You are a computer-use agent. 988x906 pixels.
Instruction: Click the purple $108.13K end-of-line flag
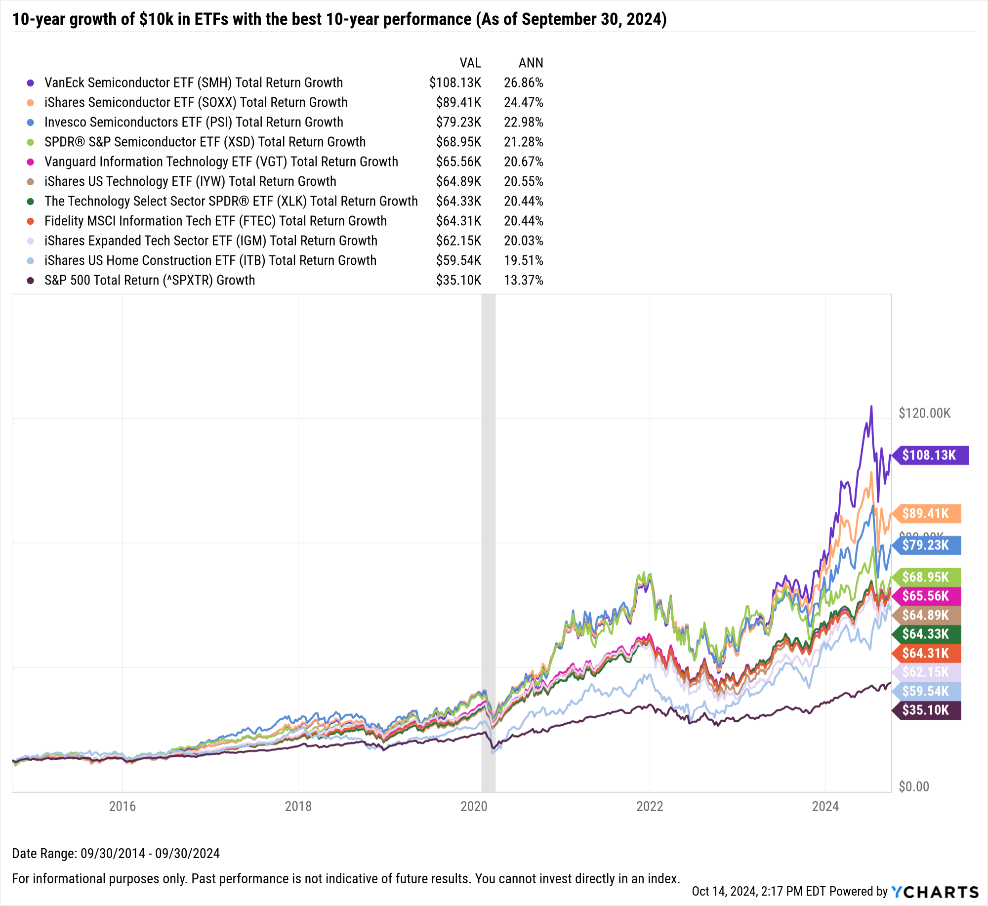pyautogui.click(x=929, y=455)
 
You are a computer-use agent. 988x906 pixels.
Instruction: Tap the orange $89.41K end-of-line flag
pyautogui.click(x=926, y=513)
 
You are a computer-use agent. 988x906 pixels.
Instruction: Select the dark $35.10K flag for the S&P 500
pyautogui.click(x=926, y=710)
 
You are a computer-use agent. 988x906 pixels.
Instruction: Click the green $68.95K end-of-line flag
pyautogui.click(x=926, y=577)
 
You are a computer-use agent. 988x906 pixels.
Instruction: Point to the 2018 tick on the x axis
pyautogui.click(x=298, y=806)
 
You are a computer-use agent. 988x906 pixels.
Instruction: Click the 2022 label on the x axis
pyautogui.click(x=650, y=806)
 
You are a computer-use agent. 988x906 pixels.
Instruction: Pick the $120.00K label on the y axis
pyautogui.click(x=924, y=413)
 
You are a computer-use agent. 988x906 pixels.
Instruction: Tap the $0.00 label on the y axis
pyautogui.click(x=913, y=786)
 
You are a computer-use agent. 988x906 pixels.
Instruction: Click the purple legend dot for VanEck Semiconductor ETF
pyautogui.click(x=31, y=83)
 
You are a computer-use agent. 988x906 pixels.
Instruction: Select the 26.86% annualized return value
pyautogui.click(x=523, y=82)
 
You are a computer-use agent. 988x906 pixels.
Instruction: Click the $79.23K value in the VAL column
pyautogui.click(x=458, y=122)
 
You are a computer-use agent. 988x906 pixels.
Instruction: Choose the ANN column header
pyautogui.click(x=531, y=63)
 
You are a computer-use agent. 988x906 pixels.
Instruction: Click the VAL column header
pyautogui.click(x=470, y=63)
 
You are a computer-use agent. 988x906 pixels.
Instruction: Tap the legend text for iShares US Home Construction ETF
pyautogui.click(x=210, y=260)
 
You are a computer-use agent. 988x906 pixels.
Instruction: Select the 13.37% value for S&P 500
pyautogui.click(x=523, y=280)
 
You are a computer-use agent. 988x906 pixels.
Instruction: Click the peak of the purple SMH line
pyautogui.click(x=871, y=407)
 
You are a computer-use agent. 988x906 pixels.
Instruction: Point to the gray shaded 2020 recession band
pyautogui.click(x=488, y=543)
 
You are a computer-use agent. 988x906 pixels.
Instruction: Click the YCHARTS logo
pyautogui.click(x=935, y=892)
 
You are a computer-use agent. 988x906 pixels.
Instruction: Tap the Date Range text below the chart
pyautogui.click(x=116, y=853)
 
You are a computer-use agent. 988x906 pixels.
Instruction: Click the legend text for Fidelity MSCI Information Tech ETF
pyautogui.click(x=215, y=221)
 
